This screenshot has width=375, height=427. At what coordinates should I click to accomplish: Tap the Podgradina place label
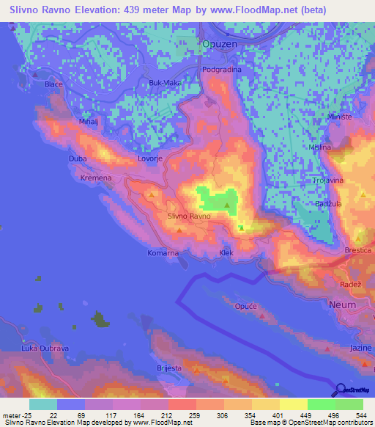pyautogui.click(x=222, y=70)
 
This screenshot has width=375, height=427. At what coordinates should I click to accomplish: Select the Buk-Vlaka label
pyautogui.click(x=165, y=83)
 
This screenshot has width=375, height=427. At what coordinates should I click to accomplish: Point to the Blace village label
pyautogui.click(x=53, y=84)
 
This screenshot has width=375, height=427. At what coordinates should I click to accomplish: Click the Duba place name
pyautogui.click(x=78, y=158)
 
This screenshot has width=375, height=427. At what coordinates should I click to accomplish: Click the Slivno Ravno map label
pyautogui.click(x=189, y=216)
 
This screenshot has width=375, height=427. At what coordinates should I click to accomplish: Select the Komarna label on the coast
pyautogui.click(x=162, y=253)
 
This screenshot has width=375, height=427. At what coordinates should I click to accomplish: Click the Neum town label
pyautogui.click(x=343, y=304)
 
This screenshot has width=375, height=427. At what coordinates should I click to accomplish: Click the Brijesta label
pyautogui.click(x=169, y=368)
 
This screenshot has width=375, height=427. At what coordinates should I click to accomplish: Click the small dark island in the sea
pyautogui.click(x=99, y=319)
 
